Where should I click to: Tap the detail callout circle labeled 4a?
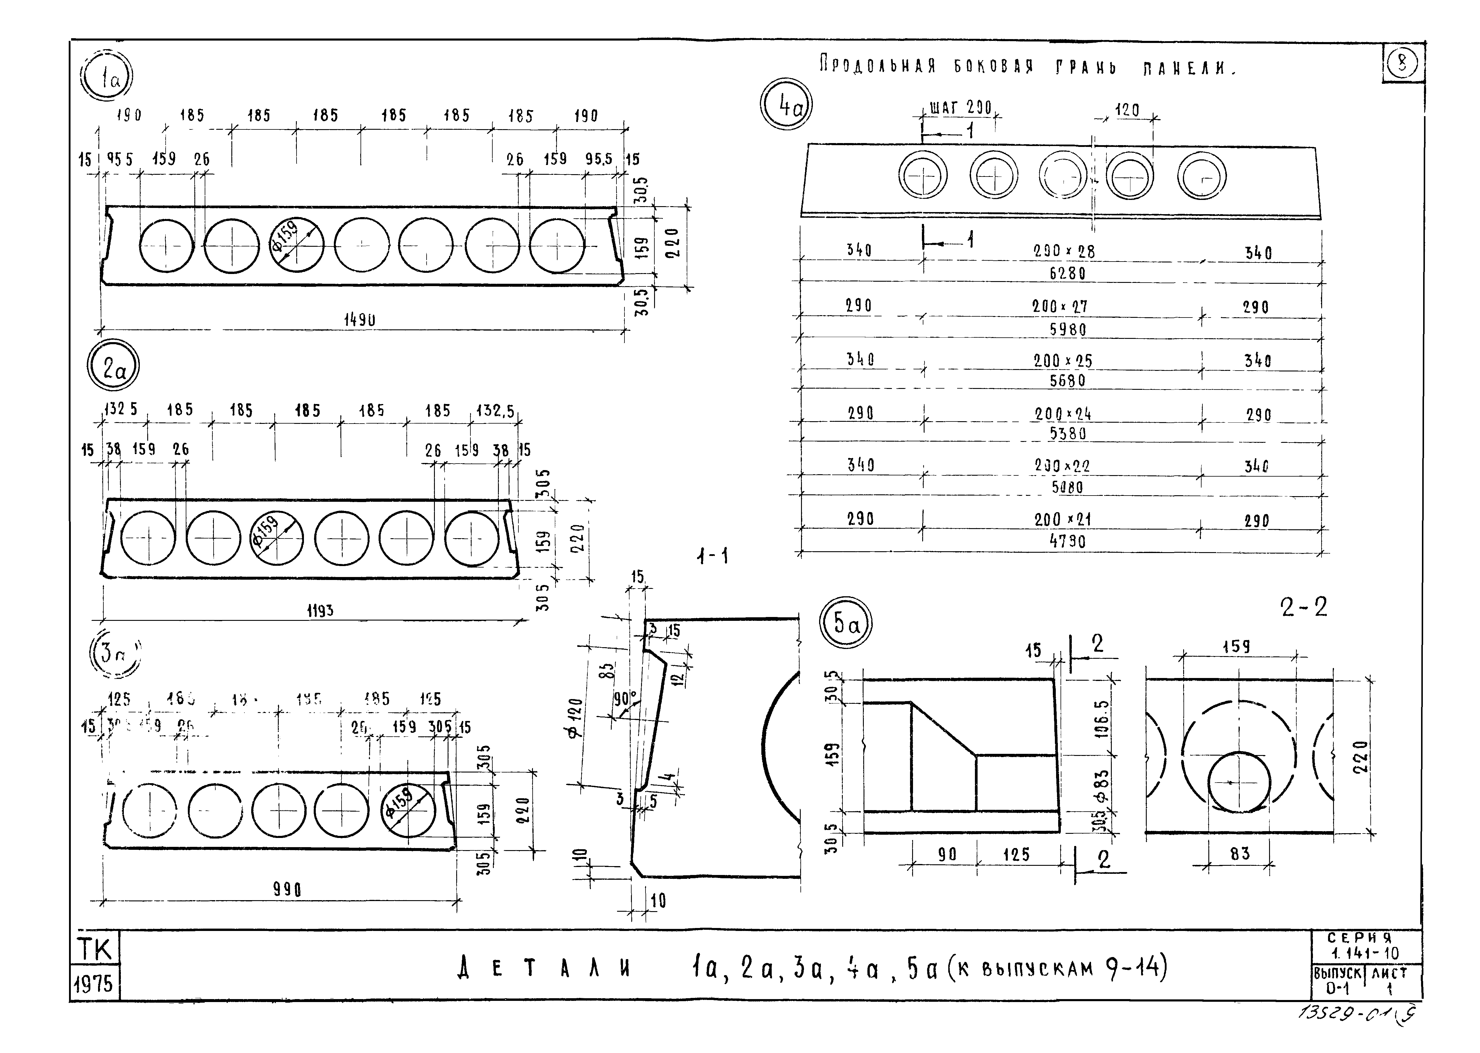(786, 104)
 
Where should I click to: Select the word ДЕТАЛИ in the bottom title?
(545, 969)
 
